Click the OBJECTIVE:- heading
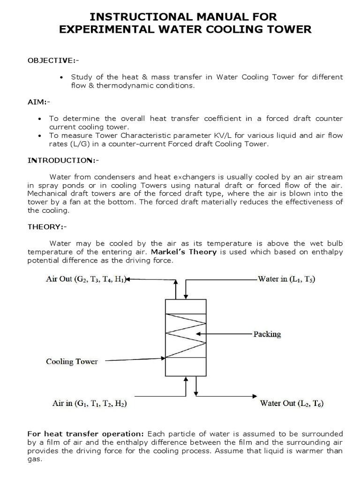pos(51,60)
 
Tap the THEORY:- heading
pos(47,227)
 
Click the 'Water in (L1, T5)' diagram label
pos(287,279)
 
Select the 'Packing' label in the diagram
pos(267,334)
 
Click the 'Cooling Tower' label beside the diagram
pos(72,361)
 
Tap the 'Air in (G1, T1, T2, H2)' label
pos(86,403)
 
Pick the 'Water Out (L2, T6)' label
pos(292,403)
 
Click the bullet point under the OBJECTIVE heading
pos(62,77)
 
